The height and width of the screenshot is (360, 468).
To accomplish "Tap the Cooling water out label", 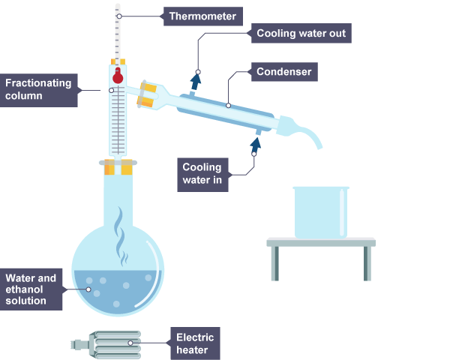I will point(299,33).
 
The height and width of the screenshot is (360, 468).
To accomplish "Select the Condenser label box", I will point(283,72).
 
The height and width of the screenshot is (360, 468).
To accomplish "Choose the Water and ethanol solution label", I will point(31,289).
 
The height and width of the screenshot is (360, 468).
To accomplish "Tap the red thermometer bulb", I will point(117,75).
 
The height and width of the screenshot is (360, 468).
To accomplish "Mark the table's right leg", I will point(367,263).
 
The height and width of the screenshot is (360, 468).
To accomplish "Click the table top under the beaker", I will point(321,242).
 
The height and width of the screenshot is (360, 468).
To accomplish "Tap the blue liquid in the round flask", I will point(116,292).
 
